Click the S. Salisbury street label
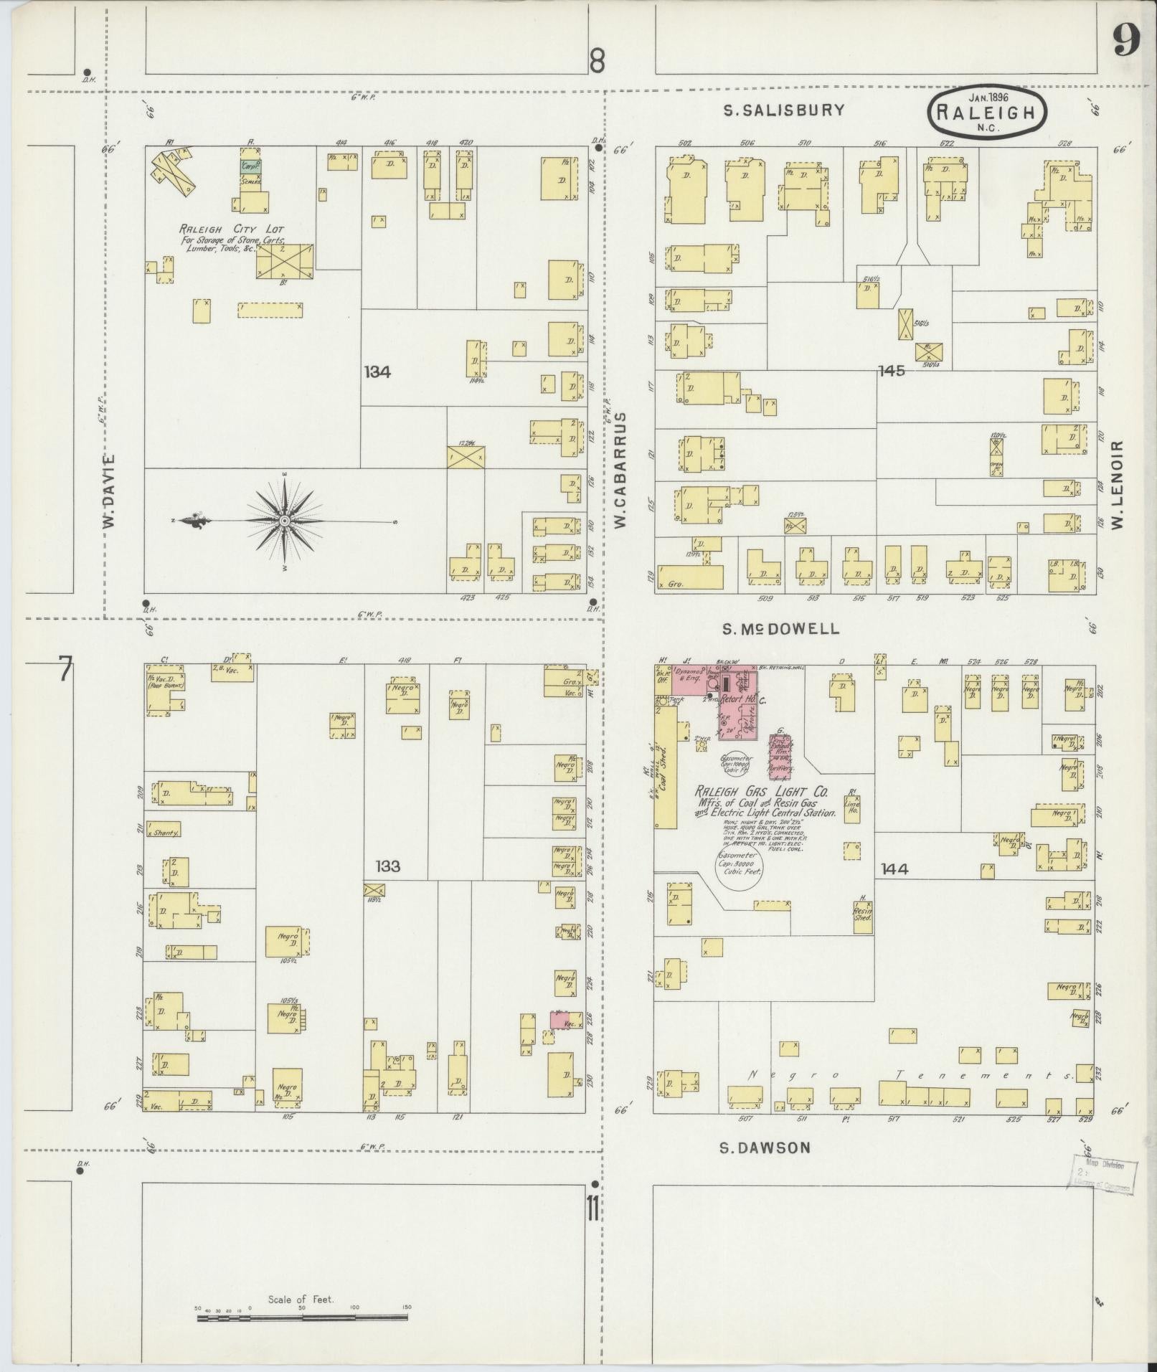(x=783, y=110)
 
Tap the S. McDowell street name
(x=780, y=629)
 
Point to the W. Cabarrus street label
(x=620, y=470)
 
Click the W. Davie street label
(x=109, y=492)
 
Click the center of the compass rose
(x=284, y=520)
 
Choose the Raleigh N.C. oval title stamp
(x=987, y=113)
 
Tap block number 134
(x=377, y=372)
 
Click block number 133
(x=387, y=866)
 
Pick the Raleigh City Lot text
(x=231, y=230)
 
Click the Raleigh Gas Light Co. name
(x=761, y=793)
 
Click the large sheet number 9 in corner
(x=1127, y=41)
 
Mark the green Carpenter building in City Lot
(x=250, y=165)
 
